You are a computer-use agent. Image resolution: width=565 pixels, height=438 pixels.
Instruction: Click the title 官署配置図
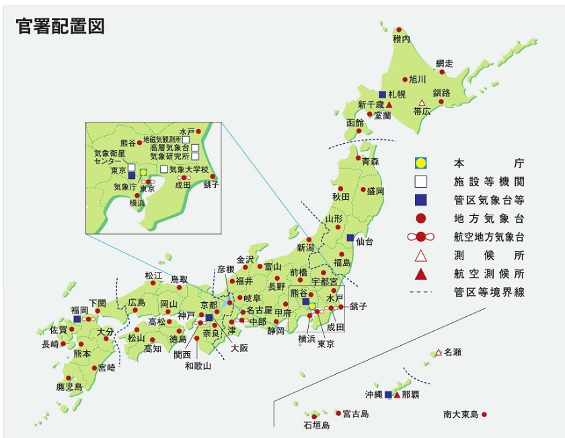pos(60,26)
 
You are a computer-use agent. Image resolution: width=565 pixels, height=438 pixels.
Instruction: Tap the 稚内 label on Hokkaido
pos(401,41)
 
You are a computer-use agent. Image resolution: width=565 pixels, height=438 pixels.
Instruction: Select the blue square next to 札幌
pos(382,94)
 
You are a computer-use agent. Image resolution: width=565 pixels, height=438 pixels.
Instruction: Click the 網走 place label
pos(444,63)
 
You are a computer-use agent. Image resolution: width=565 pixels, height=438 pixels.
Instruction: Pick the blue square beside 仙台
pos(350,238)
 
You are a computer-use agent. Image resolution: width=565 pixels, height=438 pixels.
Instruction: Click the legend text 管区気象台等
pos(488,200)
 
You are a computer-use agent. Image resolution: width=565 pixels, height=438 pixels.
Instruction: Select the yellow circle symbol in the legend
pos(420,163)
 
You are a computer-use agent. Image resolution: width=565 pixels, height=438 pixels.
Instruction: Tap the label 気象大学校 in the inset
pos(189,169)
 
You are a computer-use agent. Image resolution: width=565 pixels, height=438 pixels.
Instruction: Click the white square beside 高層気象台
pos(194,147)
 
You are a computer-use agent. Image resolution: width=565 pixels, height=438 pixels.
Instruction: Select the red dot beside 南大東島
pos(484,414)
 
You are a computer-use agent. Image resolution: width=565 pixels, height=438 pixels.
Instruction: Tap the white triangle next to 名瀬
pos(438,353)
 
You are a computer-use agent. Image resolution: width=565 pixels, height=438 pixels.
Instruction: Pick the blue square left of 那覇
pos(388,394)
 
